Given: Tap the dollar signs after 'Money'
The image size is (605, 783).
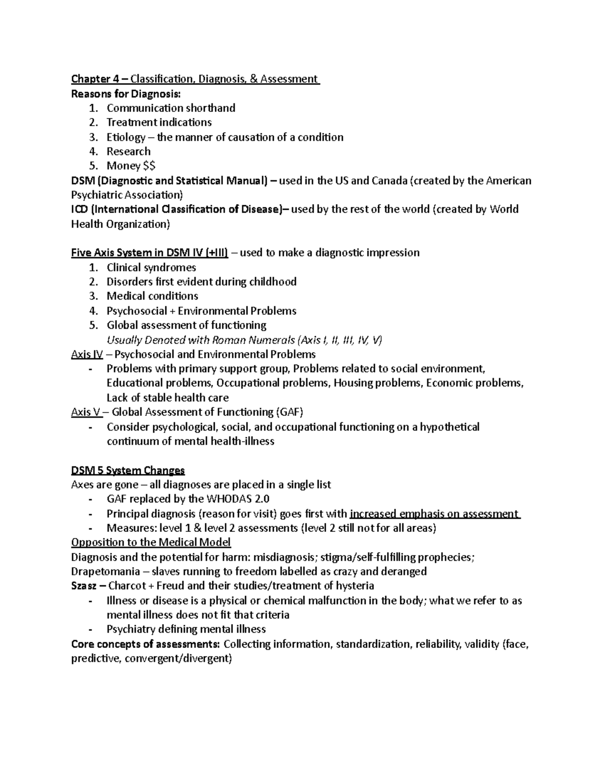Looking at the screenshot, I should pyautogui.click(x=150, y=166).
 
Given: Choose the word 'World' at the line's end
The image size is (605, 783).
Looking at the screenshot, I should pyautogui.click(x=504, y=209).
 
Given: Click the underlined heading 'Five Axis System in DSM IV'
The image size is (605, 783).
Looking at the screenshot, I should pyautogui.click(x=150, y=253).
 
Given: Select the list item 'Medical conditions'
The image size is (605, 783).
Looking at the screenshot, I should pyautogui.click(x=152, y=296).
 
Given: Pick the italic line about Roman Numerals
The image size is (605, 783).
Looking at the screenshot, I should pyautogui.click(x=244, y=340).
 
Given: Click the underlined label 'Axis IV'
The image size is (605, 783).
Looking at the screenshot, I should pyautogui.click(x=86, y=354).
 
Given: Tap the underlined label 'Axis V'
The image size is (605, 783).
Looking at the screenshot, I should pyautogui.click(x=86, y=412).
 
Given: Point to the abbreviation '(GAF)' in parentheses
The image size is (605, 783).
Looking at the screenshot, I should pyautogui.click(x=289, y=412).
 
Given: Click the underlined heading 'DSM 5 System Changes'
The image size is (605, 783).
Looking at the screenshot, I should pyautogui.click(x=128, y=471).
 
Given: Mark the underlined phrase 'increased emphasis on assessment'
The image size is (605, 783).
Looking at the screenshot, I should pyautogui.click(x=434, y=514).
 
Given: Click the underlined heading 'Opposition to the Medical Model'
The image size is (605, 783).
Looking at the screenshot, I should pyautogui.click(x=151, y=543).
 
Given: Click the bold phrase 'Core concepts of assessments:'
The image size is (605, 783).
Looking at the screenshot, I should pyautogui.click(x=146, y=644).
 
